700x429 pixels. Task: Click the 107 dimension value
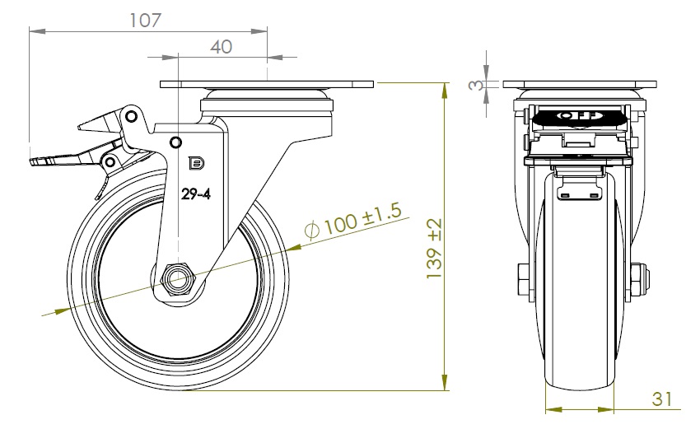tap(145, 20)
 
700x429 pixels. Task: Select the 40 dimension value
tap(221, 47)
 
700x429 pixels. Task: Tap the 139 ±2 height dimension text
tap(434, 248)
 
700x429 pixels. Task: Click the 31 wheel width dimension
tap(661, 399)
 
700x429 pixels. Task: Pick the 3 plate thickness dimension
tap(476, 84)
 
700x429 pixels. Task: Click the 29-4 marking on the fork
tap(195, 194)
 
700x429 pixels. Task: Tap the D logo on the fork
tap(197, 164)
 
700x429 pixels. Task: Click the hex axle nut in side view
tap(179, 279)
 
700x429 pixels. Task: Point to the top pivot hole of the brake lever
tap(131, 117)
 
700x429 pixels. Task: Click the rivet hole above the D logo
tap(176, 142)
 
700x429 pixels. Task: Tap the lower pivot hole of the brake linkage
tap(110, 161)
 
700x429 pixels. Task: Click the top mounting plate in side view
tap(267, 84)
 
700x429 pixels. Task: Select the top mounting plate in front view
tap(580, 84)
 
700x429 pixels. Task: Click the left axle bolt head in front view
tap(523, 279)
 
